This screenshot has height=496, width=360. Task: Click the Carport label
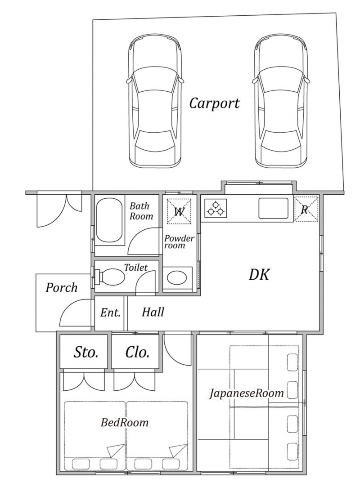point(214,103)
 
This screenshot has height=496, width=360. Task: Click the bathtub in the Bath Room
point(109,223)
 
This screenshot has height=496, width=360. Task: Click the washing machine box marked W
point(179,211)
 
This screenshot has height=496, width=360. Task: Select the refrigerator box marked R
point(306,209)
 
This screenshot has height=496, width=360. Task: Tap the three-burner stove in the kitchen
point(216,208)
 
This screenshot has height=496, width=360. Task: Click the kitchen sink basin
point(273,208)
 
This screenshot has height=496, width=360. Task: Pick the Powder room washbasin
point(177,278)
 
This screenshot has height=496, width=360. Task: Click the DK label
point(259,274)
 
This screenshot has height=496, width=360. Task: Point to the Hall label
point(153,312)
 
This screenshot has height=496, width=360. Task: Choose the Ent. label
point(111,313)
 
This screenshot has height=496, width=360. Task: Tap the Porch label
point(61,287)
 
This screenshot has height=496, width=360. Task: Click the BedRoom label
point(125,422)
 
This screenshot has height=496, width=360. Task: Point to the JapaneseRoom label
point(246,393)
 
